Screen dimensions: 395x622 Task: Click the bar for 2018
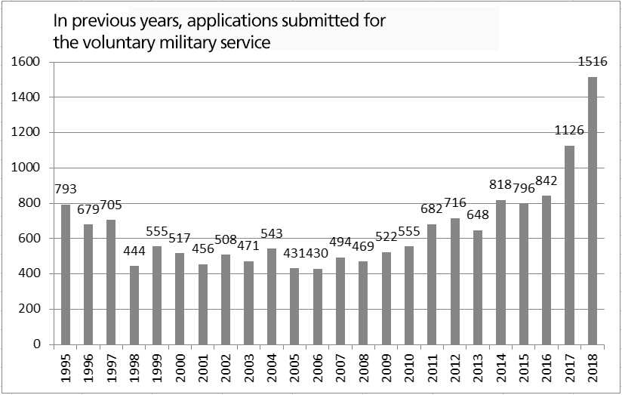tap(593, 211)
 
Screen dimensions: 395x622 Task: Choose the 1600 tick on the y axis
tap(26, 62)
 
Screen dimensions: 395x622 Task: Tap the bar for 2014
tap(501, 272)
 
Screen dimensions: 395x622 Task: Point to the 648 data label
tap(478, 214)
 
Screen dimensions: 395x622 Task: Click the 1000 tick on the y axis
tap(26, 168)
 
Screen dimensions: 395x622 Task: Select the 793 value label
tap(66, 189)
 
